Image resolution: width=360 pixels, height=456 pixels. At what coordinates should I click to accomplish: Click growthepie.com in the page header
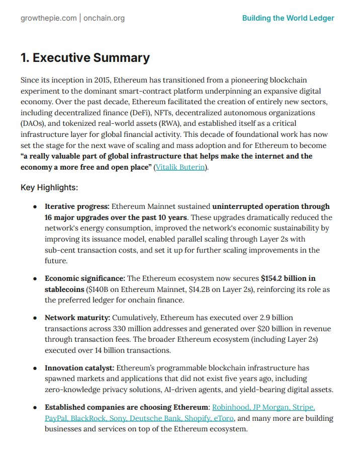click(x=48, y=18)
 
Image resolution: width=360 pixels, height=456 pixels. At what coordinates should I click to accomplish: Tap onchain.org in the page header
click(x=104, y=18)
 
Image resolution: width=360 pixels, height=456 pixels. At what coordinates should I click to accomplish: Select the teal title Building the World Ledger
click(x=288, y=18)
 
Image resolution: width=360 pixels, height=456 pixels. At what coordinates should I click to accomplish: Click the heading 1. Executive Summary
click(x=85, y=58)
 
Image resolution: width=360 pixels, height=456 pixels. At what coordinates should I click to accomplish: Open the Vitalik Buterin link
click(x=180, y=167)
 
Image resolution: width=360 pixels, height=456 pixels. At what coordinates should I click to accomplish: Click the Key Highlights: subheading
click(x=49, y=188)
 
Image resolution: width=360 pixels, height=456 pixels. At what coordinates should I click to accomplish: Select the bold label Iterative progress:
click(x=76, y=206)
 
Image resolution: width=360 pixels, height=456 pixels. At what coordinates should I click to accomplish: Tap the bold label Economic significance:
click(x=85, y=278)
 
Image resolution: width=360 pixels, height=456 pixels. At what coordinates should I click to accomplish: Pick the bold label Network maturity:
click(x=77, y=318)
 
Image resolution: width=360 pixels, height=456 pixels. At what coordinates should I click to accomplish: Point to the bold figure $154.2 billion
click(x=289, y=278)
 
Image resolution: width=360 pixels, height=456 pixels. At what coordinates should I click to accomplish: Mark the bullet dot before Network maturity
click(x=35, y=319)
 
